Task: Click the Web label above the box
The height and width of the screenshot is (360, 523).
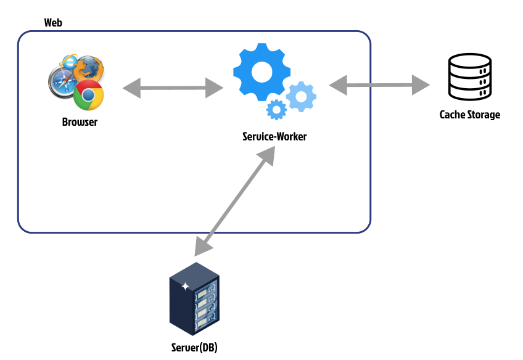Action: pyautogui.click(x=53, y=23)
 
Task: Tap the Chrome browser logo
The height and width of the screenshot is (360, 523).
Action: pyautogui.click(x=88, y=95)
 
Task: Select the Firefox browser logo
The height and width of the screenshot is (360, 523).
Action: pyautogui.click(x=88, y=68)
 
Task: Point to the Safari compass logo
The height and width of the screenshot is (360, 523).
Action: pyautogui.click(x=63, y=81)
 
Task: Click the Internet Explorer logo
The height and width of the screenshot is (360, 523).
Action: pyautogui.click(x=69, y=62)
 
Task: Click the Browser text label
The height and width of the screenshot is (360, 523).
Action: pyautogui.click(x=80, y=122)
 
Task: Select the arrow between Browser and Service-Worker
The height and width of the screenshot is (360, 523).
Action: pyautogui.click(x=173, y=88)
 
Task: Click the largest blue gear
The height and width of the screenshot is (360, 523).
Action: pyautogui.click(x=262, y=72)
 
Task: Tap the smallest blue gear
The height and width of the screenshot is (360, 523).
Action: pyautogui.click(x=276, y=110)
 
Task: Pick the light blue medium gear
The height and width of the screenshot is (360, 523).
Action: pyautogui.click(x=301, y=97)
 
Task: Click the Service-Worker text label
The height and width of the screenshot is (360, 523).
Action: pyautogui.click(x=274, y=136)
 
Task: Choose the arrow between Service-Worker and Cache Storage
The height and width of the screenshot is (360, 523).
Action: pyautogui.click(x=379, y=85)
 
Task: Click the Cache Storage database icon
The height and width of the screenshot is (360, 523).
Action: pyautogui.click(x=469, y=76)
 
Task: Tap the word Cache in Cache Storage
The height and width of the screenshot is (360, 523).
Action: pyautogui.click(x=452, y=115)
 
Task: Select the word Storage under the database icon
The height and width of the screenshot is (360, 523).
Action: pyautogui.click(x=484, y=115)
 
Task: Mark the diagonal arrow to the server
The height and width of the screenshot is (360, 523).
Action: pyautogui.click(x=235, y=202)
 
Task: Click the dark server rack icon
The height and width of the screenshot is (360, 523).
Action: pyautogui.click(x=194, y=299)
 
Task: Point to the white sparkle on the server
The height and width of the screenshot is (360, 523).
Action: pyautogui.click(x=185, y=286)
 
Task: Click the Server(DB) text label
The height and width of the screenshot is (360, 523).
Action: pyautogui.click(x=194, y=348)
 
